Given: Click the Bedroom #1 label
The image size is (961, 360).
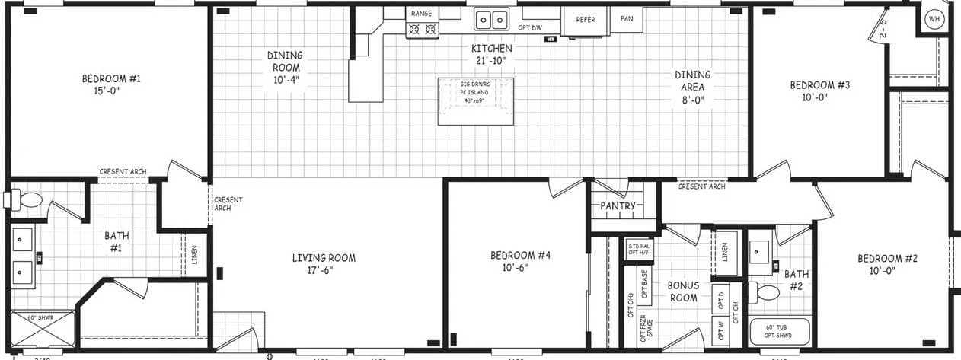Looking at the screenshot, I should [111, 78].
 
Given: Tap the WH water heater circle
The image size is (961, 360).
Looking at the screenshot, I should [934, 18].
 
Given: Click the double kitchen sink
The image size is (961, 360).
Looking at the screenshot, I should [492, 19].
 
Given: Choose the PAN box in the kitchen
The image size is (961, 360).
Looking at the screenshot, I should [626, 19].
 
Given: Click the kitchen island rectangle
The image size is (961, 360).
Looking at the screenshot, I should [475, 101].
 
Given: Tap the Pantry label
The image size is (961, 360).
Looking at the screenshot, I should [618, 205].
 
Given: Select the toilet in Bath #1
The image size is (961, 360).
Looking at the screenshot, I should [26, 200].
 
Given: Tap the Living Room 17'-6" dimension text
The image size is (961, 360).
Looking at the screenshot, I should [324, 269].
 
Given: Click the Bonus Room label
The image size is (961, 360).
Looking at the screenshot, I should [683, 292].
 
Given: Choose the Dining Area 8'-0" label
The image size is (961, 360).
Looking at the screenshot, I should [692, 87].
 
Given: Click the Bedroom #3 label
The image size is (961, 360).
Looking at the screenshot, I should [819, 85].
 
